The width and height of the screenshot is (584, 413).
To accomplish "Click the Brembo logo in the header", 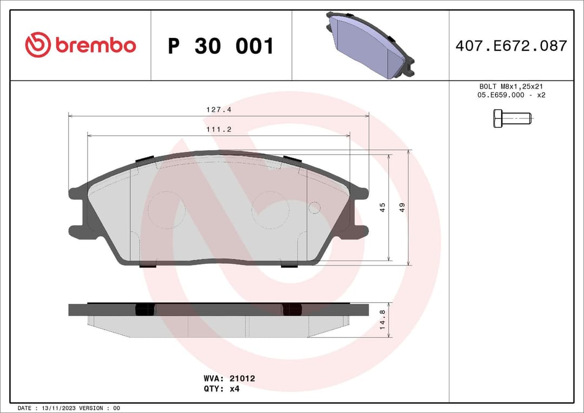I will (x=81, y=45).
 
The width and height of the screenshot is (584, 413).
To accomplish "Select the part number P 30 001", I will (x=221, y=46).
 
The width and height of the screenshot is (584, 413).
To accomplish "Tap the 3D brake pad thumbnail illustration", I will (x=371, y=45).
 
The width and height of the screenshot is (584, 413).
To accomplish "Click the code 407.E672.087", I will (x=511, y=46).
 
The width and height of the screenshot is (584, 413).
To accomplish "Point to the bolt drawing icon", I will (x=512, y=118).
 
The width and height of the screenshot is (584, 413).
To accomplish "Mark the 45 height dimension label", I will (x=382, y=207).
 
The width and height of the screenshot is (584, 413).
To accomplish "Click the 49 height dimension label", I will (x=402, y=207).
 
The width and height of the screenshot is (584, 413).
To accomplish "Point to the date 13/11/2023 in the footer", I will (x=58, y=408).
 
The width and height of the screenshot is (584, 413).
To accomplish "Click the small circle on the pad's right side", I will (x=314, y=208).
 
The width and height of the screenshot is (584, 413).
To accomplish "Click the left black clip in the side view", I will (x=144, y=309).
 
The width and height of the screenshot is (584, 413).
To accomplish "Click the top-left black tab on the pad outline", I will (x=145, y=159).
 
